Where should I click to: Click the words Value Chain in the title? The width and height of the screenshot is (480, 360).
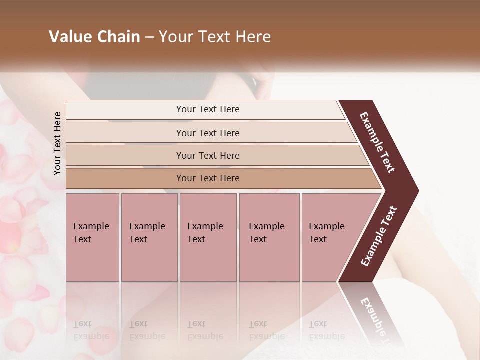[94, 37]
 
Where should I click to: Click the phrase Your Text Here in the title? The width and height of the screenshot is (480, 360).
[215, 37]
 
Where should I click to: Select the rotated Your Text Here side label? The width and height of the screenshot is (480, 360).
[57, 143]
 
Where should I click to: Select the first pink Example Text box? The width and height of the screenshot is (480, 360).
[92, 237]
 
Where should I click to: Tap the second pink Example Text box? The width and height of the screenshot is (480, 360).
[149, 237]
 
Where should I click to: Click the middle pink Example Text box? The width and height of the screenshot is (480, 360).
[208, 237]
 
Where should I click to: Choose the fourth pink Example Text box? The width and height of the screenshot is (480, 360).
[269, 237]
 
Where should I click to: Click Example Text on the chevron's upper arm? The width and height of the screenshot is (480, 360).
[377, 143]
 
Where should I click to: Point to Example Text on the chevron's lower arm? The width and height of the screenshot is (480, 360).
[379, 236]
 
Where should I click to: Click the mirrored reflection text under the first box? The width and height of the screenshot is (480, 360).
[91, 330]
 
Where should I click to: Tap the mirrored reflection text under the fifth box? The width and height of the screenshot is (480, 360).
[326, 330]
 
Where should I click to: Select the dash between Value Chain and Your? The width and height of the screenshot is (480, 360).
[149, 37]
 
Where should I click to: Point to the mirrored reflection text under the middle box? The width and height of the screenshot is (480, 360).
[205, 330]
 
